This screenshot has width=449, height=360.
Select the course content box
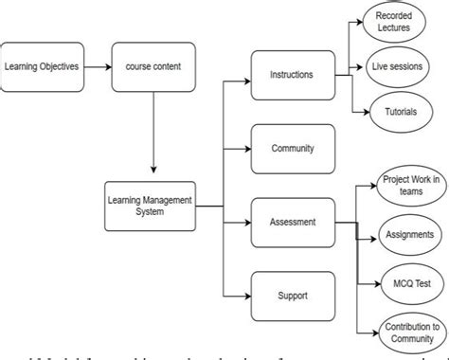click(153, 66)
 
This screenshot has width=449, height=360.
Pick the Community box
click(293, 148)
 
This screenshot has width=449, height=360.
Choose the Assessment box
click(293, 222)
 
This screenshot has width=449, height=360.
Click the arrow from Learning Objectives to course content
click(97, 66)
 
